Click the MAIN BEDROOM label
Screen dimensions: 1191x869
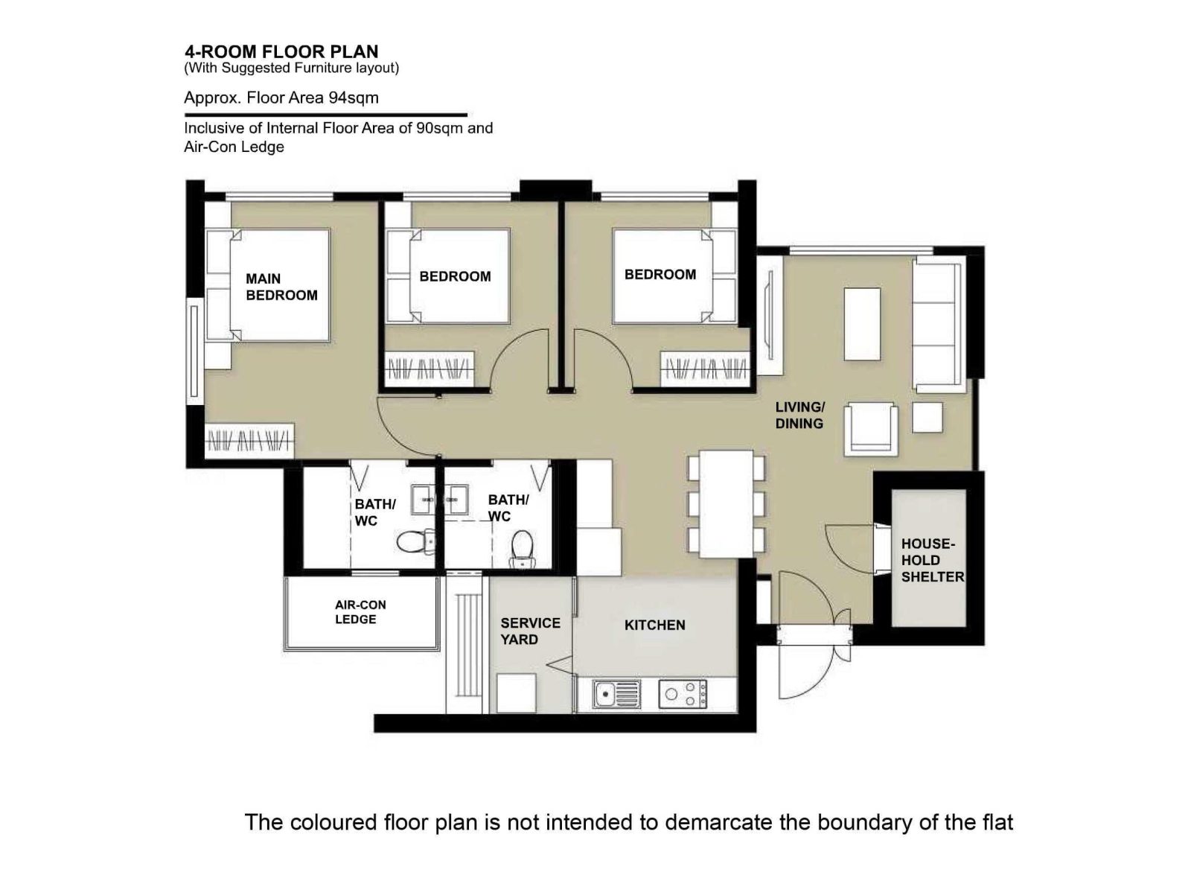click(x=281, y=287)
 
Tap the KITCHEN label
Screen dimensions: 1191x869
click(x=654, y=625)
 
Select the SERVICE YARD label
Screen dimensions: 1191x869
click(x=530, y=631)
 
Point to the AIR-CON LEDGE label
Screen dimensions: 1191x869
click(x=360, y=612)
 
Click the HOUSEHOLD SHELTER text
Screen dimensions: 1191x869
click(x=933, y=561)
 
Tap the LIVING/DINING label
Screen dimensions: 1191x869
click(x=799, y=416)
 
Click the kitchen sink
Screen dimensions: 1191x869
click(x=617, y=694)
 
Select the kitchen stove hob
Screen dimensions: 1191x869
click(x=683, y=694)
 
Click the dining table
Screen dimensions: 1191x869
click(x=727, y=503)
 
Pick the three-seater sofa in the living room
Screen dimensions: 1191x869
click(x=939, y=325)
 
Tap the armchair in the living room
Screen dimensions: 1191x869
click(x=871, y=429)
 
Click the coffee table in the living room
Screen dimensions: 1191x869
click(x=862, y=325)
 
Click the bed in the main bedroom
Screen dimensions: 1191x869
click(x=267, y=285)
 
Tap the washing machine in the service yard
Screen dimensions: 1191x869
click(x=516, y=693)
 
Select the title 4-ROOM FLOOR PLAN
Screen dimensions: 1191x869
click(x=281, y=51)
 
